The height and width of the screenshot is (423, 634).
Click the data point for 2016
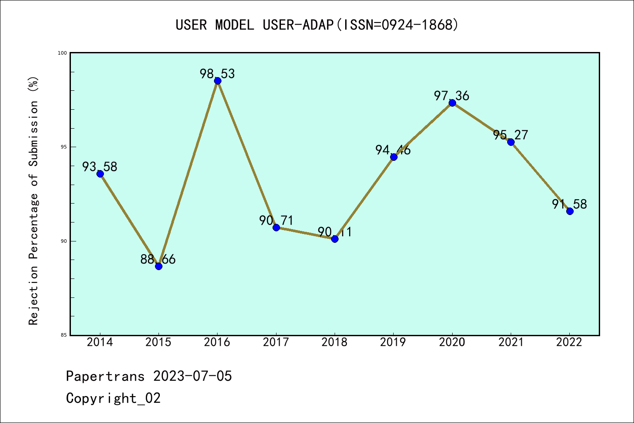[x=217, y=81]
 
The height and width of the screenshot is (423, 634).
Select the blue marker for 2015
[x=158, y=266]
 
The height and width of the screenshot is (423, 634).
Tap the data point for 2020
[x=452, y=103]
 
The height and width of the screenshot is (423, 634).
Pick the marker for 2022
[x=570, y=211]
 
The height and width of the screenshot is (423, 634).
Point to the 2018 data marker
[x=335, y=239]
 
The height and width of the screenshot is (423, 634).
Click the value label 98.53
[x=217, y=74]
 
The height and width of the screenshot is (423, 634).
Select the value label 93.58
[x=100, y=167]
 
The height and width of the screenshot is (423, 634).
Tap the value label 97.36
[x=452, y=96]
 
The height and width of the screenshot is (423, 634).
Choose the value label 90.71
[x=276, y=220]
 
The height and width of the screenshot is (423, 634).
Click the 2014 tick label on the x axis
[x=100, y=342]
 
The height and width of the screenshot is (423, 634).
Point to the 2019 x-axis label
[x=393, y=342]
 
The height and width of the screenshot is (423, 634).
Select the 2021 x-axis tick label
[x=511, y=342]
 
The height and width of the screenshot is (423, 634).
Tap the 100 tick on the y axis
[x=62, y=53]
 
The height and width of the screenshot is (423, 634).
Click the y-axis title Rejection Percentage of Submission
[x=34, y=200]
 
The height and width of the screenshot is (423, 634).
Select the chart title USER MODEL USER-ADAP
[x=317, y=25]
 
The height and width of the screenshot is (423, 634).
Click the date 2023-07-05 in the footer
[x=192, y=376]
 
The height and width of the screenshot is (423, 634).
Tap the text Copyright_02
[x=114, y=398]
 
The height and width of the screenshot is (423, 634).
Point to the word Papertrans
[x=105, y=376]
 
